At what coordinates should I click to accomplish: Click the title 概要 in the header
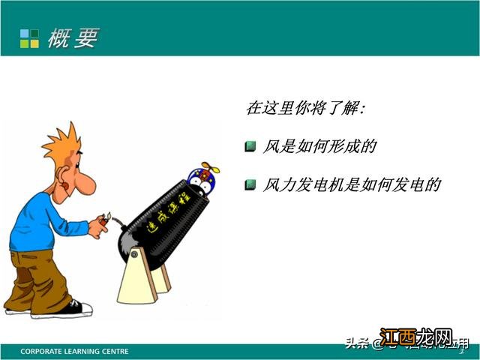[73, 38]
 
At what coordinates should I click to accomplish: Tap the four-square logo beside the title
[29, 38]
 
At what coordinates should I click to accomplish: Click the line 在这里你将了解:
[305, 108]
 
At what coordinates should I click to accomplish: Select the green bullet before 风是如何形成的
[250, 146]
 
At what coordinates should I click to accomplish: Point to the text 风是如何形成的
[319, 146]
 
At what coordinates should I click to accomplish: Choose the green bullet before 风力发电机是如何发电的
[250, 184]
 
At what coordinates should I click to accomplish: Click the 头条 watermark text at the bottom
[357, 344]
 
